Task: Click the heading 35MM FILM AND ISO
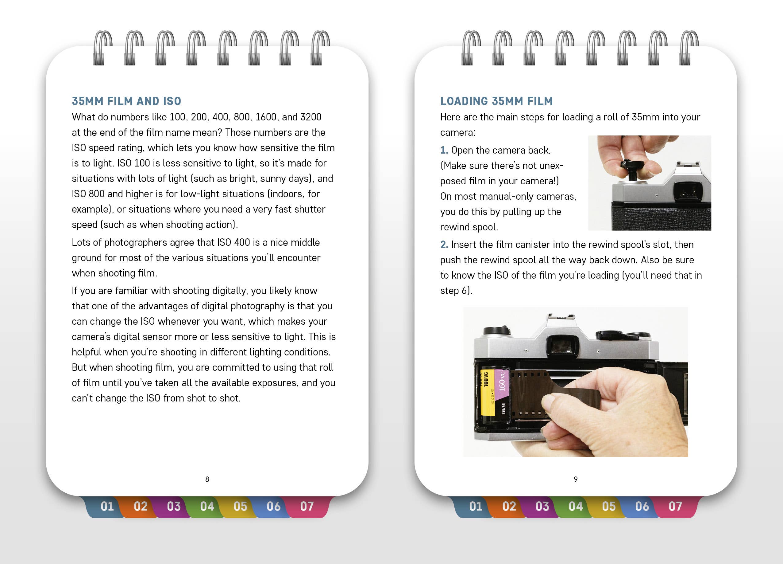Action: [x=126, y=101]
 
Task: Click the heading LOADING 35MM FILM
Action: [x=496, y=101]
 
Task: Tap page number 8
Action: [x=207, y=479]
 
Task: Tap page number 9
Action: [x=576, y=479]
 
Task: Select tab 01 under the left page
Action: [x=107, y=507]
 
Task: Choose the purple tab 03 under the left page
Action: [x=174, y=507]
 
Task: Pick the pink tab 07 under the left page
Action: [x=307, y=507]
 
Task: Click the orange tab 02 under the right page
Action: [x=509, y=507]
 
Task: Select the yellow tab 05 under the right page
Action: [x=609, y=507]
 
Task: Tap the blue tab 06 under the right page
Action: [x=642, y=507]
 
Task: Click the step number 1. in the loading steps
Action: [x=444, y=150]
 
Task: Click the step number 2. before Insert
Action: [x=444, y=245]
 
